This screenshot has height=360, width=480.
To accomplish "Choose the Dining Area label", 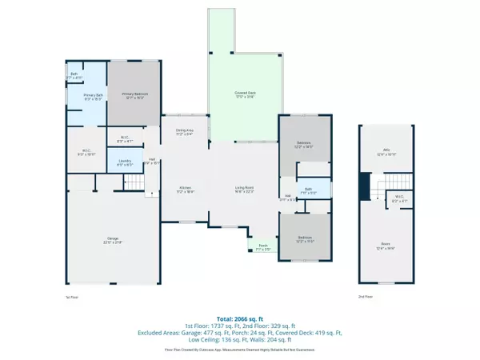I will coord(184,132).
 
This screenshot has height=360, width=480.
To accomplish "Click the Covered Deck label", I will coord(244,95).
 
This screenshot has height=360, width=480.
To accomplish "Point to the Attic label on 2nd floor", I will coord(387,152).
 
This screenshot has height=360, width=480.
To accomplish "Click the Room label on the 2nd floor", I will coord(387,247).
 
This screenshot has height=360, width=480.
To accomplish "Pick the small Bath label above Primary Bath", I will coord(74,74).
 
